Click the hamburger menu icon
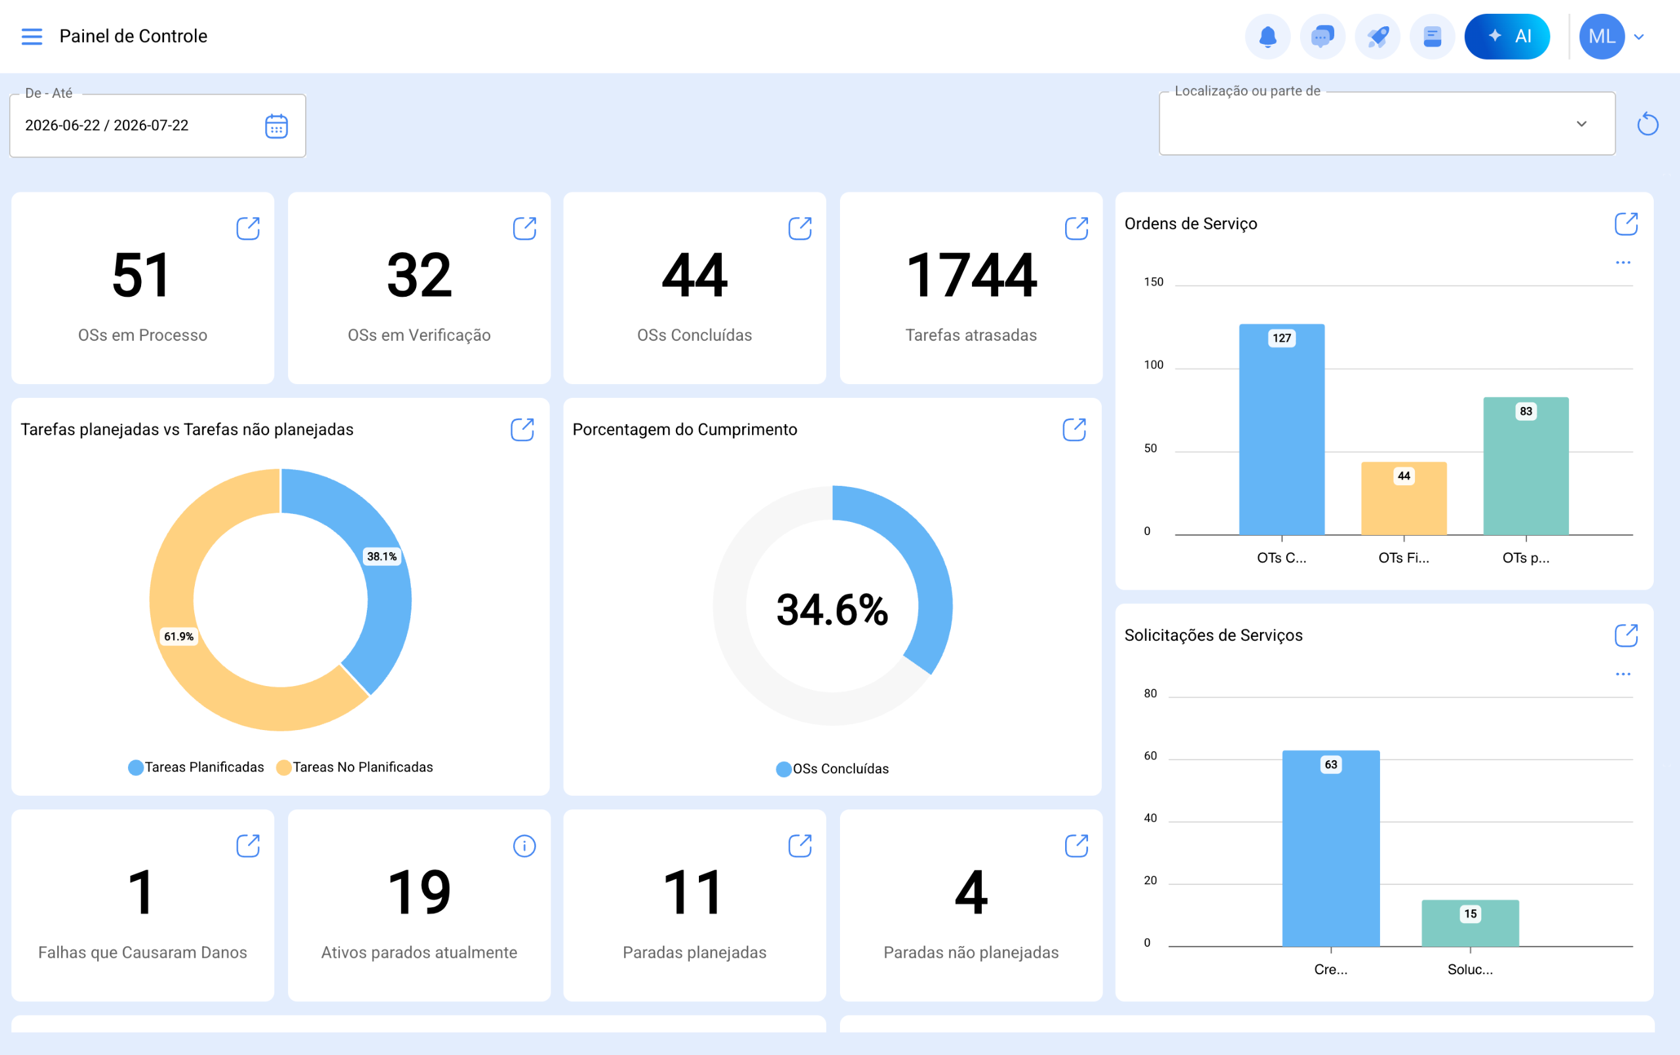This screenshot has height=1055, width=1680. [32, 36]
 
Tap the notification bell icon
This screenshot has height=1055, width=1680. [1267, 36]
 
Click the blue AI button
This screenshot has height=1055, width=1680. [1507, 36]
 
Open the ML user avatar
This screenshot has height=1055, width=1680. [1602, 36]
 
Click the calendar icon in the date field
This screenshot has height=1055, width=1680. [276, 126]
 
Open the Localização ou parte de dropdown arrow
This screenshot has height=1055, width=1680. [1582, 123]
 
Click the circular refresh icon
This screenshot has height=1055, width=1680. [1647, 124]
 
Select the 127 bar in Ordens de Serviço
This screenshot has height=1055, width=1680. [1282, 429]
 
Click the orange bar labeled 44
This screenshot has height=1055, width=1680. [1404, 498]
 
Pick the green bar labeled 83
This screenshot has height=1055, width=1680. [1526, 466]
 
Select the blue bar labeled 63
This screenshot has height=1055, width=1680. [1331, 848]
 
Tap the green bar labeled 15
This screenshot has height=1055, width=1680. [1470, 923]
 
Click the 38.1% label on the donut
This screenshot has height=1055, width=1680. [382, 556]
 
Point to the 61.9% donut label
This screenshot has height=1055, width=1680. [178, 636]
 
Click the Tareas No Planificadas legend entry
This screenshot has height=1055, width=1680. [355, 767]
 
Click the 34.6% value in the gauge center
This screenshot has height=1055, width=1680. [832, 609]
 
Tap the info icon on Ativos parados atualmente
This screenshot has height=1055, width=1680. [524, 846]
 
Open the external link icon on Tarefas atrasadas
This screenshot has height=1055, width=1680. [1077, 228]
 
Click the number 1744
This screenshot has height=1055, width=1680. [971, 276]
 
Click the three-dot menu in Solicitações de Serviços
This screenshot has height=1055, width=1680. [1623, 674]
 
